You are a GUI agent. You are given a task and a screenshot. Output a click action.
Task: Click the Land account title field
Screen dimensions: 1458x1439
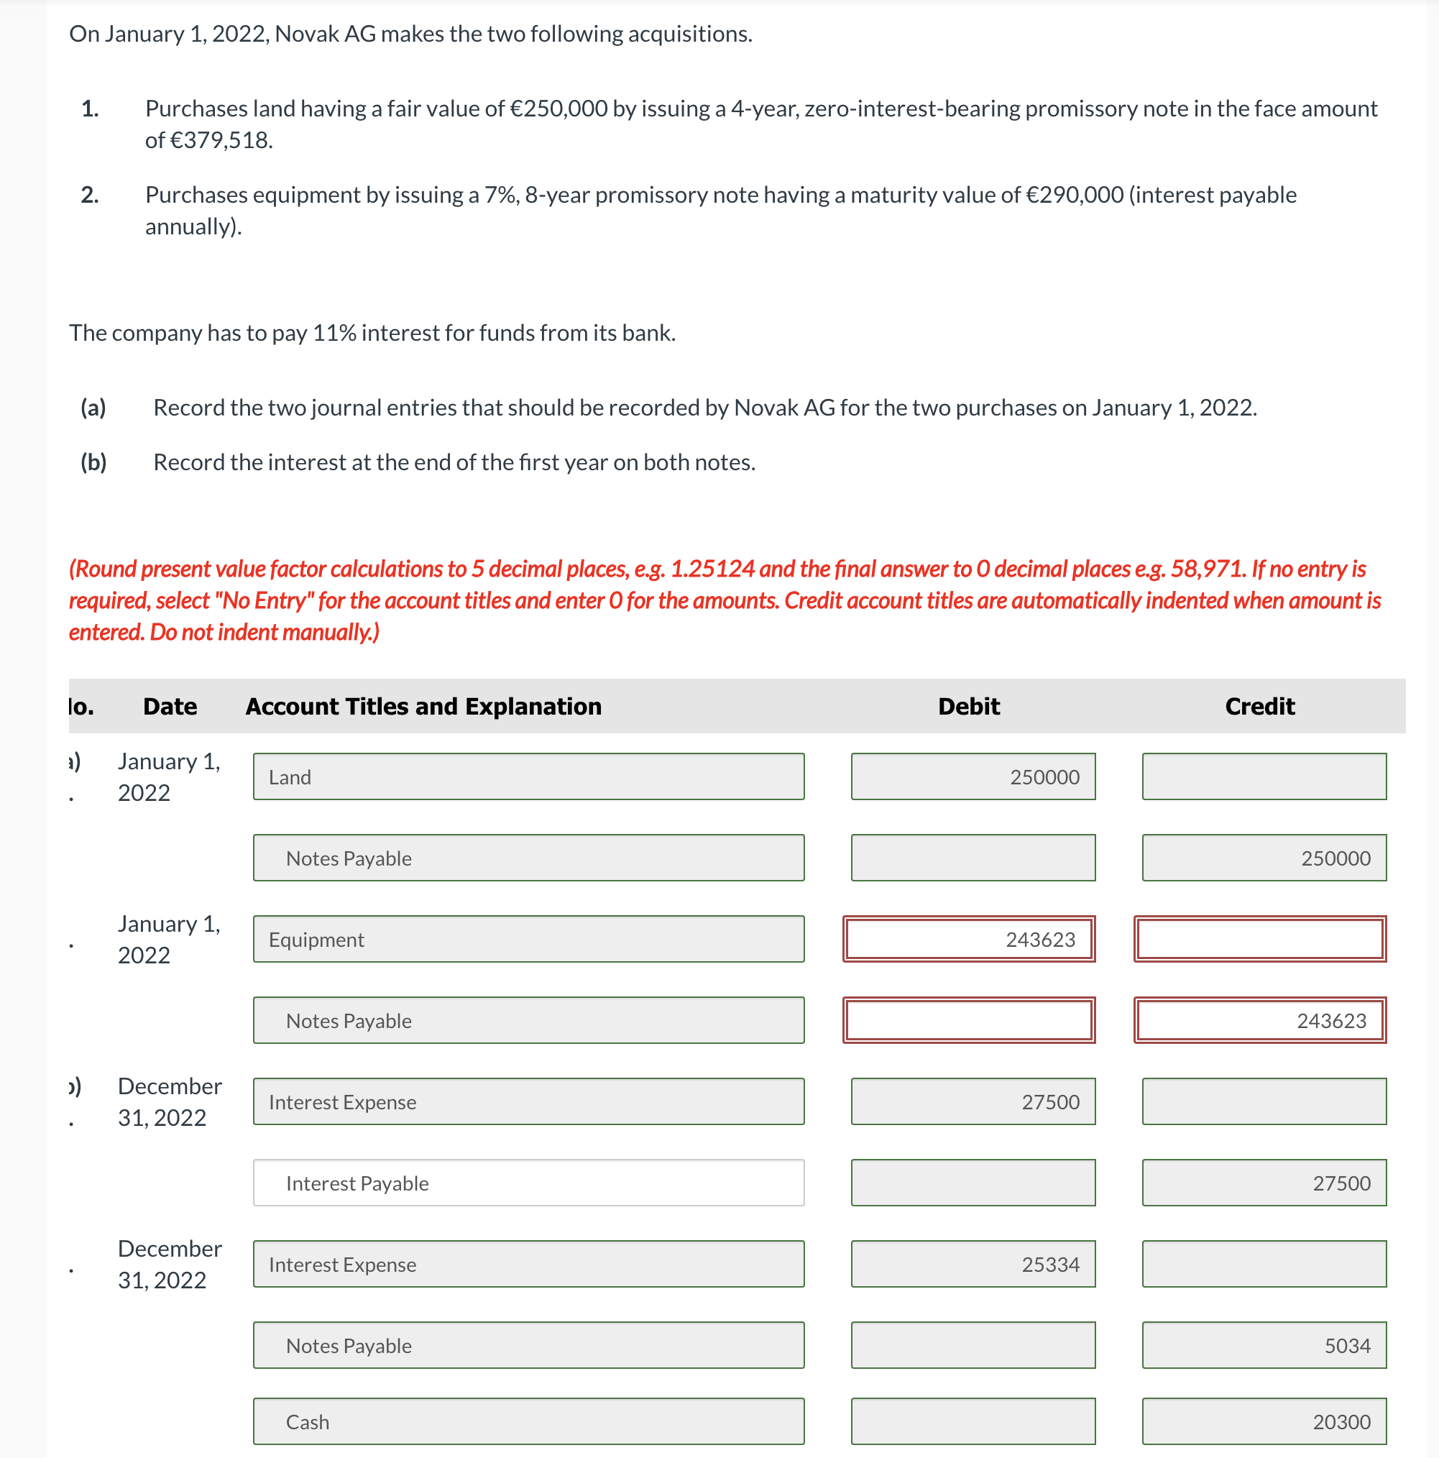click(528, 776)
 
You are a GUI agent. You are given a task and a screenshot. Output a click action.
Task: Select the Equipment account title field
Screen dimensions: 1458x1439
click(528, 939)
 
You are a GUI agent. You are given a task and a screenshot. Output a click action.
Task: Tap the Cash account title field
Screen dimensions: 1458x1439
click(528, 1421)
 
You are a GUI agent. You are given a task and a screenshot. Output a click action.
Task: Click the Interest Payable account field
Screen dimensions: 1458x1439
click(528, 1183)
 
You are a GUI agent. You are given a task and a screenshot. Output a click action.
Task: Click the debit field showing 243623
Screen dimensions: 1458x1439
click(969, 939)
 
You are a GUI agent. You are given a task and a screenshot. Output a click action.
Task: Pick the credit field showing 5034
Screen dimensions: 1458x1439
click(1264, 1345)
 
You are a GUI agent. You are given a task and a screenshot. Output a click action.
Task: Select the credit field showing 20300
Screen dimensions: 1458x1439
click(1264, 1421)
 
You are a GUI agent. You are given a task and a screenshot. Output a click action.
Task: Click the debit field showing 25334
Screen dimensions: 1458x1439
click(973, 1264)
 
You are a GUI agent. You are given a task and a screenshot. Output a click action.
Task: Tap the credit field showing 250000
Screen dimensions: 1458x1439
click(1264, 858)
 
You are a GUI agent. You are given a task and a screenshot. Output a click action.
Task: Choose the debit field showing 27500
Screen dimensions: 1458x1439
click(973, 1102)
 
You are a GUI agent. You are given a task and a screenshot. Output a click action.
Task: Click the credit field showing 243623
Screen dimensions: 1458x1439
click(1260, 1020)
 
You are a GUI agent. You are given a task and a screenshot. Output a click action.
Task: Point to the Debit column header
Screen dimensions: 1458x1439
click(969, 707)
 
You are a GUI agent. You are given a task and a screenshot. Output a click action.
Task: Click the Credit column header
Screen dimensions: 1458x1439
click(1259, 707)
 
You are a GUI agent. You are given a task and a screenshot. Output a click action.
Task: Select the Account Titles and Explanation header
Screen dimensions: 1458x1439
click(423, 707)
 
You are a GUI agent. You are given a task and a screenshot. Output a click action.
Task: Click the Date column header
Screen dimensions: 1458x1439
click(170, 707)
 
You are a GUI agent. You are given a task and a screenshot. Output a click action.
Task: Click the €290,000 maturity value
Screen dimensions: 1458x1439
click(1075, 195)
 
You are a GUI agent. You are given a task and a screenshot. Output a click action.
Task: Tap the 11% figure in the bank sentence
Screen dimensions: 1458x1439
click(334, 333)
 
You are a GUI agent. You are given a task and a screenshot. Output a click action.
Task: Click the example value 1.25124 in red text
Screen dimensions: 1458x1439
click(712, 569)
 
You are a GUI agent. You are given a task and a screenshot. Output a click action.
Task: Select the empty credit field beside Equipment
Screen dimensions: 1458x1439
click(1260, 939)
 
